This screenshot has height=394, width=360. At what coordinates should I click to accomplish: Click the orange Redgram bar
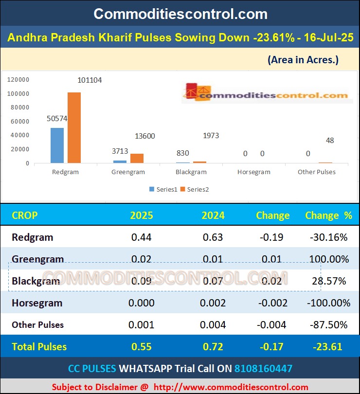point(74,127)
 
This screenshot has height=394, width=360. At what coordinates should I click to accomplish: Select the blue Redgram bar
point(57,145)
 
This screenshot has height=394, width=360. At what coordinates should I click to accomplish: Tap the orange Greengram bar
point(137,158)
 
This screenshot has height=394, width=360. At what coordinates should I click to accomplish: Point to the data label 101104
point(90,80)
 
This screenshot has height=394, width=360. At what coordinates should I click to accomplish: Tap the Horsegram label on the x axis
point(254,172)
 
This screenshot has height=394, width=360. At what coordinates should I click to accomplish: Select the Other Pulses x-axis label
point(317,172)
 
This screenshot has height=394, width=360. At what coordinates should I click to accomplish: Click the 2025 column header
point(141,215)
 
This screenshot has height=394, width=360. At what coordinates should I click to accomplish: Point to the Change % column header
point(328,215)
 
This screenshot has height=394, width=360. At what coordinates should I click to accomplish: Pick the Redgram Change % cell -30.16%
point(328,237)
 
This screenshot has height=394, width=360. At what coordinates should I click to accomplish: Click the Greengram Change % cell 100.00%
point(328,259)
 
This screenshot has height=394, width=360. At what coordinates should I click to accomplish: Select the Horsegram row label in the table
point(37,303)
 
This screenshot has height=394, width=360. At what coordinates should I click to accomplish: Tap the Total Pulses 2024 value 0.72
point(213,347)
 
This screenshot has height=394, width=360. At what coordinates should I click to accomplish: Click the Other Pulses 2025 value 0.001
point(141,325)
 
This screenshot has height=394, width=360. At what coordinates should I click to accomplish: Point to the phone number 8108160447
point(263,369)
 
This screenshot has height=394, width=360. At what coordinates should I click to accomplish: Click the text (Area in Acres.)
point(303,60)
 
